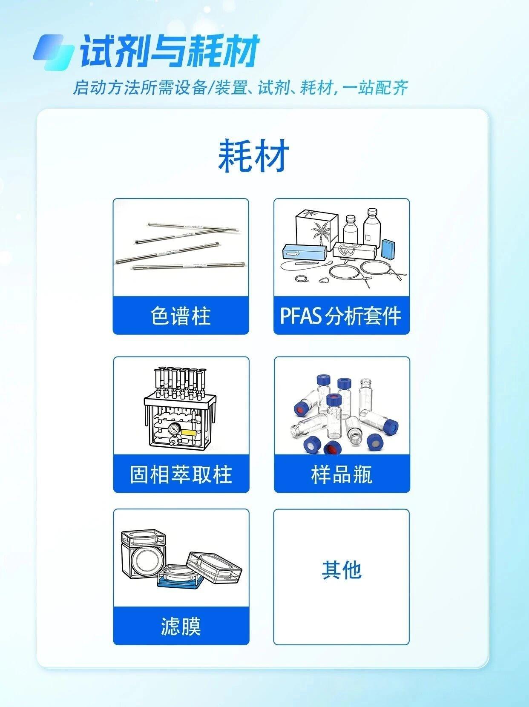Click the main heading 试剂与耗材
[170, 52]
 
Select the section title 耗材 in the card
[253, 155]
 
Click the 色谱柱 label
[181, 316]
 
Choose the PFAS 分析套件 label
[341, 316]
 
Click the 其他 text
[342, 570]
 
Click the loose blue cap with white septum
[374, 442]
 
